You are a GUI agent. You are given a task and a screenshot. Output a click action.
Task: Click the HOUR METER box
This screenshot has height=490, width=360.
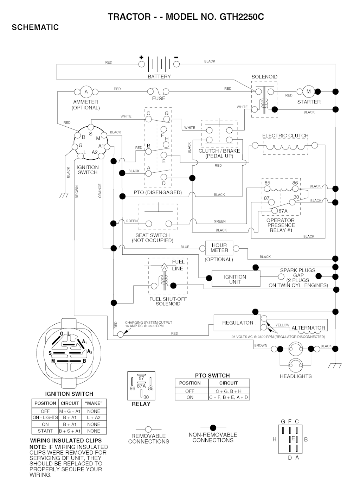coord(219,248)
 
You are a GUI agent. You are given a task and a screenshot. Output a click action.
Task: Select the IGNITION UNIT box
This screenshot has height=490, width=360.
coord(235,279)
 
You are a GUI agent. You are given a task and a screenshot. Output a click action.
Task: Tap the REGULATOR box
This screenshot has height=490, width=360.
coord(237,323)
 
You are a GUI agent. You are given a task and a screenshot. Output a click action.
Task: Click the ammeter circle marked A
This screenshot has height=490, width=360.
coord(86,92)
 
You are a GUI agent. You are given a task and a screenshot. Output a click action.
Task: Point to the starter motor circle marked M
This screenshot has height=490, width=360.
coord(309,91)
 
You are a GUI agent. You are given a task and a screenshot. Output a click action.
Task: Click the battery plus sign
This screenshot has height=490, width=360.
coord(141,57)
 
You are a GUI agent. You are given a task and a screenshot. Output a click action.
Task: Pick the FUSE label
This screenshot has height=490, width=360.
coord(159,98)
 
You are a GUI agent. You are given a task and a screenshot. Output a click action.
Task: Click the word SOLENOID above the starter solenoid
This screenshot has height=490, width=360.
coord(264,77)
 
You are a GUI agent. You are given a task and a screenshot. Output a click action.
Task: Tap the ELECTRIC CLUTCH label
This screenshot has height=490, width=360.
coord(285,135)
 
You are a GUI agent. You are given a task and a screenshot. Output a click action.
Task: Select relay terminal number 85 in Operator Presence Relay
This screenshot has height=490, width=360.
coord(268,183)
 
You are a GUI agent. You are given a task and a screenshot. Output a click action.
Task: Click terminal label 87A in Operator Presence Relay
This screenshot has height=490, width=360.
coord(283,211)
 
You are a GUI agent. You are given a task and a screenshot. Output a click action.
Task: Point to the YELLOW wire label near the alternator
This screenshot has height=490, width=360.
coord(282,325)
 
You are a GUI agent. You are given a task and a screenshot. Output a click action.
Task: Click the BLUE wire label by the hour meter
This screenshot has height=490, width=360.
coord(185,247)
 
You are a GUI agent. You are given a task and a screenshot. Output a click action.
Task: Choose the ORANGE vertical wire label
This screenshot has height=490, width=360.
coord(100,191)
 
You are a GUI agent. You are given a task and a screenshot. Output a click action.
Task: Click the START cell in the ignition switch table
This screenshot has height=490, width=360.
coord(45,431)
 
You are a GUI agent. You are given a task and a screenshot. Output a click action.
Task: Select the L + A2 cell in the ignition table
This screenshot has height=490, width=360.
coord(94,418)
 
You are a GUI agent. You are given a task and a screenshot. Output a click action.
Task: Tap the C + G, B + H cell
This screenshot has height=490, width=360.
coord(229,391)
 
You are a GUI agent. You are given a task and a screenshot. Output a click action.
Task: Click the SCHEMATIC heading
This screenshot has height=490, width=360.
coord(35,27)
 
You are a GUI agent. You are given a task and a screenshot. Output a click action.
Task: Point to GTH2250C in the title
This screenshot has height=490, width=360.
coord(242,17)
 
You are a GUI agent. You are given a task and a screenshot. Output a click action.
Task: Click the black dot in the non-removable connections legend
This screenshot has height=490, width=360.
coord(213,428)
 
